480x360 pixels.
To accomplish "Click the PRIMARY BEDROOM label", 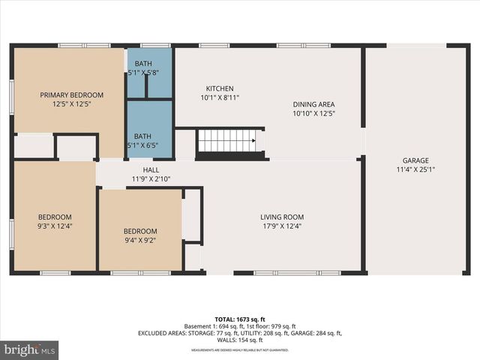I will coord(72,95).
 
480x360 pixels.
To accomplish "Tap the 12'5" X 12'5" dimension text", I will coord(72,104).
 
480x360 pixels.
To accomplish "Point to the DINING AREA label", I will coord(313,104).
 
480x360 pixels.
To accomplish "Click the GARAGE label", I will coord(415,160).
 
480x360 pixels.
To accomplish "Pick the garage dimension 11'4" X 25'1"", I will coord(415,169).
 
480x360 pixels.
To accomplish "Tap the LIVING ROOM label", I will coord(282,217).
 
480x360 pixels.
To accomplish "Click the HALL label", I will coord(151,170).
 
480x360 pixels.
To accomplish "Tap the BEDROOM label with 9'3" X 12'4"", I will coord(56,217).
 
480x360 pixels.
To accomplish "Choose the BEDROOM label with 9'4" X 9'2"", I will coord(140,231).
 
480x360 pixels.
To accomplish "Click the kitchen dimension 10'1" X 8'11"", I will coord(220,97).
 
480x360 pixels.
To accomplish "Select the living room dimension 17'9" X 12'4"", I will coord(282,226).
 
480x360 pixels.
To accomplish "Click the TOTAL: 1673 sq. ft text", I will coord(240,319).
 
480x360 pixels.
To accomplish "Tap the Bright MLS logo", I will coord(30,349).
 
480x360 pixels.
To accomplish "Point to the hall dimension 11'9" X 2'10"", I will coord(151,179).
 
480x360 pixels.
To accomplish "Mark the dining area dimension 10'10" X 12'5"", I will coord(313,113).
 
